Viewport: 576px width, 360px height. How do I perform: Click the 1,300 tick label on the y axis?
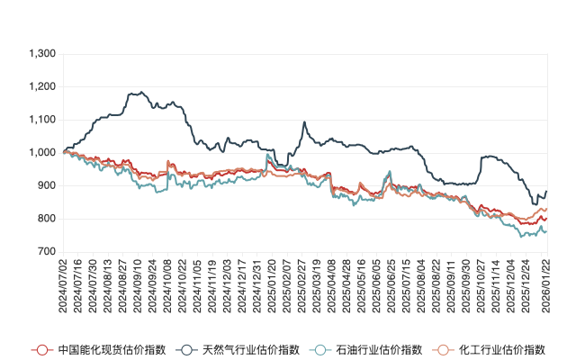coord(42,54)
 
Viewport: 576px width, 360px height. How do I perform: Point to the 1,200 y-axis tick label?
coord(42,87)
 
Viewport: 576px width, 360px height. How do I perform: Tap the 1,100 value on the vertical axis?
coord(42,120)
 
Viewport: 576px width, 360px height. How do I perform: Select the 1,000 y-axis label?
coord(42,153)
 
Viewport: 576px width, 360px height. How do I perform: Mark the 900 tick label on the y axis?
coord(48,186)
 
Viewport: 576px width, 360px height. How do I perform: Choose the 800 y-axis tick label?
coord(48,219)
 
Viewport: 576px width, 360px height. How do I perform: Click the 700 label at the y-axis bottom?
coord(48,252)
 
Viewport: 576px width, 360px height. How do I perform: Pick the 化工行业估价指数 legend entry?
coord(503,349)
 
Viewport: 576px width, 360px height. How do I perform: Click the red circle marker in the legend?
coord(40,349)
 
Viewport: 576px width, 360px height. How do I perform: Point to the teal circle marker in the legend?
coord(318,349)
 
